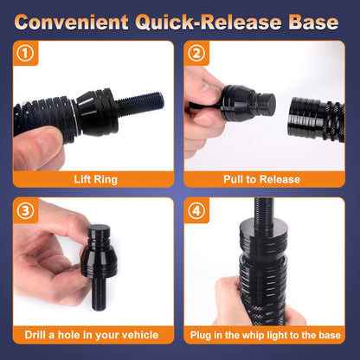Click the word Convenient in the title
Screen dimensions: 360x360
click(71, 22)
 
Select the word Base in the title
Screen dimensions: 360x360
click(313, 22)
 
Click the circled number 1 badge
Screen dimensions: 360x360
click(25, 54)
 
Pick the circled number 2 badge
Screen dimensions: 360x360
click(196, 54)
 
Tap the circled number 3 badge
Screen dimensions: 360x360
click(25, 210)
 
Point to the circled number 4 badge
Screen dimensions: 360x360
click(196, 210)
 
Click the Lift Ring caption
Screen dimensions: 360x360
click(96, 179)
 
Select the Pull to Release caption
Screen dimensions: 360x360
click(261, 179)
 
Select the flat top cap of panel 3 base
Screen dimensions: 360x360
click(100, 229)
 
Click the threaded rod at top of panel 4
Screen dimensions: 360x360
click(264, 209)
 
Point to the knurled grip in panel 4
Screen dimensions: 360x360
click(263, 314)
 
